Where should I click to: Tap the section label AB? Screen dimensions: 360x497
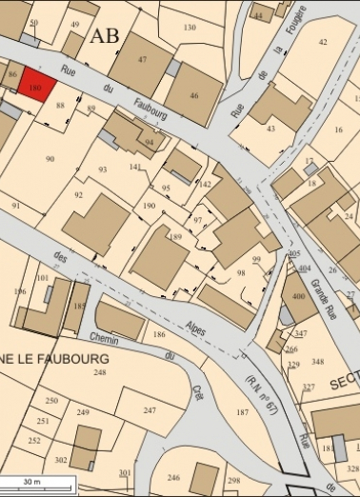[x=105, y=37]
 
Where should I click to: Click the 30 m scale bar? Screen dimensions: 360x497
[x=36, y=486]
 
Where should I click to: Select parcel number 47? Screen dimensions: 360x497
[x=142, y=59]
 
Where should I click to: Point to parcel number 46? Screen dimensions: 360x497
[x=193, y=95]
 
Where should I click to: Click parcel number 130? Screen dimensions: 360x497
[x=190, y=28]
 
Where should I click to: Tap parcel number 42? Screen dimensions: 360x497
[x=323, y=42]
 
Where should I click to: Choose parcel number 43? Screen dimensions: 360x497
[x=270, y=128]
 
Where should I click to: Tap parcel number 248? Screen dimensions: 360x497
[x=99, y=372]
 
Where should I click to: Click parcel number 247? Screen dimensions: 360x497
[x=150, y=409]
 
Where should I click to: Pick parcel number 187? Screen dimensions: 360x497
[x=242, y=412]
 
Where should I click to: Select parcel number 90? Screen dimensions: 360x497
[x=50, y=159]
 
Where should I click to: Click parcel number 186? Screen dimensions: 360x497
[x=159, y=335]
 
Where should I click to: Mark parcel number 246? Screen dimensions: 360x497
[x=172, y=477]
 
